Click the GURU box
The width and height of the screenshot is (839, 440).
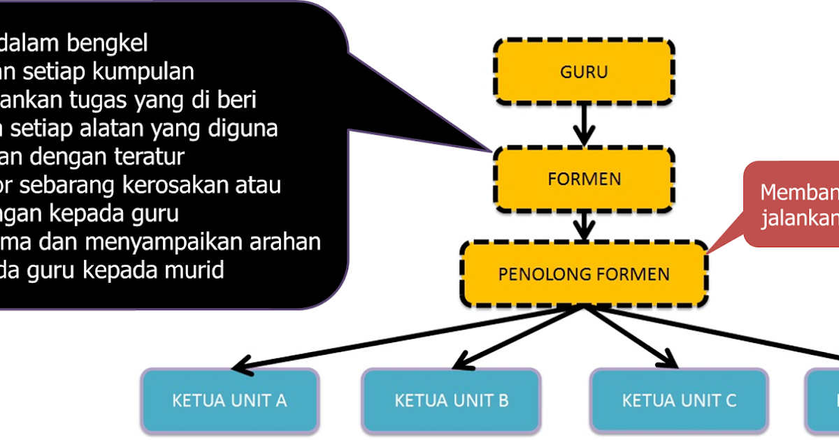584,71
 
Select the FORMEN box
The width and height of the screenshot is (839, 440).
584,179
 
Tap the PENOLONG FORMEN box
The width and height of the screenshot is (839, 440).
584,273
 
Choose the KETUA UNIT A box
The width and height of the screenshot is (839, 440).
230,400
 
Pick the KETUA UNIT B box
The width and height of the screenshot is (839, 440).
451,400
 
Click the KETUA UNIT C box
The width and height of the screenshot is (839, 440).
679,400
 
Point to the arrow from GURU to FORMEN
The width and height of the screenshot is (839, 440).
584,125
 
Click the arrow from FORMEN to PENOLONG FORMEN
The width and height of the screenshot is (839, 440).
584,226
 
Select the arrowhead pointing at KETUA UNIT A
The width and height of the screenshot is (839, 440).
242,364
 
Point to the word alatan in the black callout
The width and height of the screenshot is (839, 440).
131,129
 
